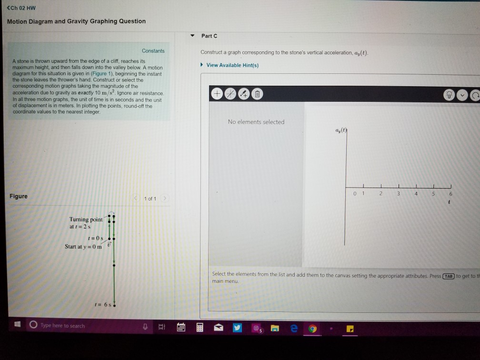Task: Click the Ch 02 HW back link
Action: click(21, 8)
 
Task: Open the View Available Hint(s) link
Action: click(232, 65)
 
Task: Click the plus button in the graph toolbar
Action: click(217, 94)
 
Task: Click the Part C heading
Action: click(209, 36)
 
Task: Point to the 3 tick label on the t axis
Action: click(399, 194)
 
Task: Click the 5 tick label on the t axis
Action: click(433, 194)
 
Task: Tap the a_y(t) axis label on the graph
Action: click(339, 130)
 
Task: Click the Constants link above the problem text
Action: click(153, 51)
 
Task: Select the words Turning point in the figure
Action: click(86, 220)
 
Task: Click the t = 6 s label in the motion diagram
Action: click(101, 304)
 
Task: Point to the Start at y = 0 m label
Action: click(83, 246)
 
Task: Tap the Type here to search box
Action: click(62, 326)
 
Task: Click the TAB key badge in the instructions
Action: click(448, 276)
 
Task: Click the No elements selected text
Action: click(256, 122)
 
